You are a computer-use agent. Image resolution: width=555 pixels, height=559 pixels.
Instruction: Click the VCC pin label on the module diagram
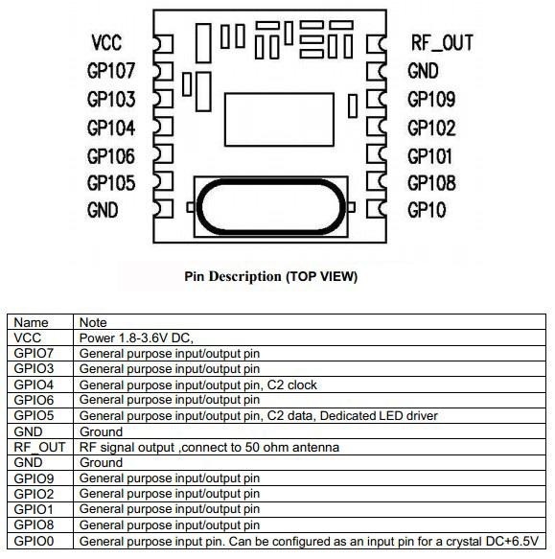point(106,43)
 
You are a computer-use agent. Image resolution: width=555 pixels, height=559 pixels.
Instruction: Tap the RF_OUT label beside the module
point(442,43)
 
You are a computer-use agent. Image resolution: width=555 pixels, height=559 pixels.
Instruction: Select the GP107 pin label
point(111,71)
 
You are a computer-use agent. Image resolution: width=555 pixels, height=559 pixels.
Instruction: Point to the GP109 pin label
point(431,99)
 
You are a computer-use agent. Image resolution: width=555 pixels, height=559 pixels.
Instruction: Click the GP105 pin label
point(111,183)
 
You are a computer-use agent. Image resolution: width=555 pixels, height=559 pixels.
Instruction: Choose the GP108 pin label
point(431,183)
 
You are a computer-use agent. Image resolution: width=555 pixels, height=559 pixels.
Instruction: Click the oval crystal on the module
point(271,182)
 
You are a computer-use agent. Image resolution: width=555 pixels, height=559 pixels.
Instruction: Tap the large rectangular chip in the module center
point(279,120)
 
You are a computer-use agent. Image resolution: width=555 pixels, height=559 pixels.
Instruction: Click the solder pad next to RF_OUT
point(377,44)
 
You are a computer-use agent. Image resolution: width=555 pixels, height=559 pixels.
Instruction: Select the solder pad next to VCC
point(163,44)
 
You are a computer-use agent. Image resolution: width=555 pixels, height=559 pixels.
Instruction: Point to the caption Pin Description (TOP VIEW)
point(271,277)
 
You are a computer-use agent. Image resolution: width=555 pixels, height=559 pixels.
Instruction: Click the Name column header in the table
point(31,322)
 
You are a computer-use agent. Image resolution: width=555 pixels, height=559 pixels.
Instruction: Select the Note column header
point(93,322)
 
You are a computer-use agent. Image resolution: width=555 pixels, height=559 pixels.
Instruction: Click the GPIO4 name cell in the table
point(34,384)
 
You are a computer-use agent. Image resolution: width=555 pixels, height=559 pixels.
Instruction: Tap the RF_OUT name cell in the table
point(39,447)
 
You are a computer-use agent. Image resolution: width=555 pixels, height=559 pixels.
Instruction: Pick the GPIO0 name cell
point(34,541)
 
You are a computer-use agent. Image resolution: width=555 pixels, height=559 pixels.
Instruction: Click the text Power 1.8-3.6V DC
point(136,338)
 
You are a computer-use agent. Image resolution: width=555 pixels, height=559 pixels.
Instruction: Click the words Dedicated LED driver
point(379,416)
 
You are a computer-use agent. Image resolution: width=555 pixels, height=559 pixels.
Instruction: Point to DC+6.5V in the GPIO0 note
point(512,541)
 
